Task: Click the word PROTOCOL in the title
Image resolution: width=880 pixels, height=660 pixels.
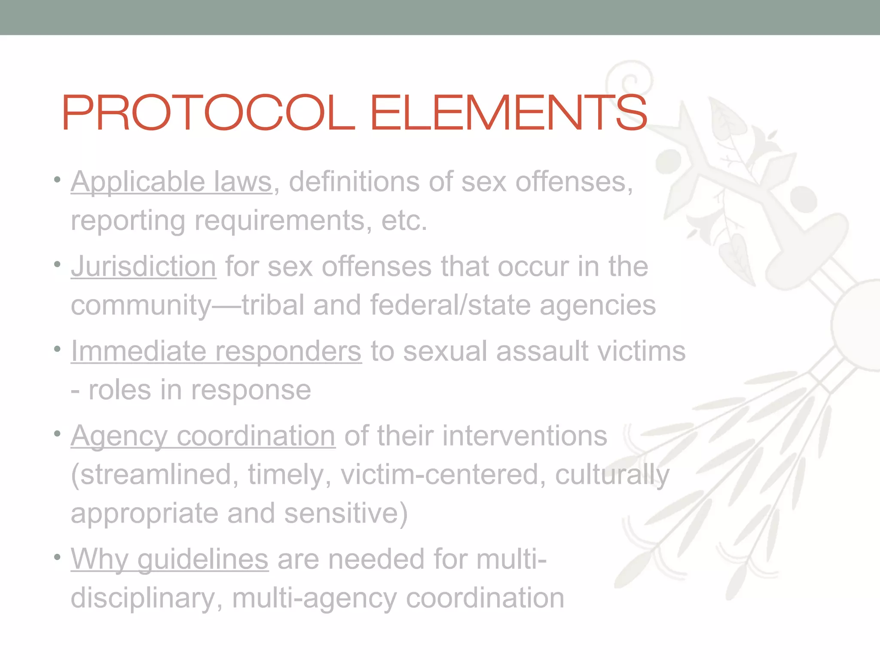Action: click(x=208, y=113)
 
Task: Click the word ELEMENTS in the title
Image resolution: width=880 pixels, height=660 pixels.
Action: click(x=508, y=113)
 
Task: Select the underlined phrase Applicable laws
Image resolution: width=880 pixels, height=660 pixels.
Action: click(x=171, y=182)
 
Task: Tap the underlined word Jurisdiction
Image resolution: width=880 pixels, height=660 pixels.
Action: click(x=144, y=266)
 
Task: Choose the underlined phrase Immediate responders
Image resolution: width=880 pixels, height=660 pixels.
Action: click(x=216, y=351)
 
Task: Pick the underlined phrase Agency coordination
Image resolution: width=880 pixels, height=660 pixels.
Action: click(x=203, y=436)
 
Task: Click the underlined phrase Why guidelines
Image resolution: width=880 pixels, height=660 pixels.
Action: click(x=170, y=559)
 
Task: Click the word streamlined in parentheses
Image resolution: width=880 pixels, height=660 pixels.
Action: click(x=155, y=474)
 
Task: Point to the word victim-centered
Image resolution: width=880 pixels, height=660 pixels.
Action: click(x=443, y=474)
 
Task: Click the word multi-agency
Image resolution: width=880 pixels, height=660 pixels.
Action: click(x=314, y=598)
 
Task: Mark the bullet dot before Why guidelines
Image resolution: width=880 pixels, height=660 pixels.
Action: click(x=57, y=557)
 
